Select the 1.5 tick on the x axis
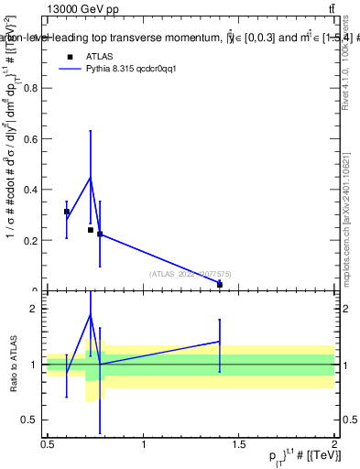(239, 445)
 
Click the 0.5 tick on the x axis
(48, 445)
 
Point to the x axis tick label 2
(334, 445)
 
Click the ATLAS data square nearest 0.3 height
(67, 212)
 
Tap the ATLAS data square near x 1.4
(220, 284)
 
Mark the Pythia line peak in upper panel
(91, 177)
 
